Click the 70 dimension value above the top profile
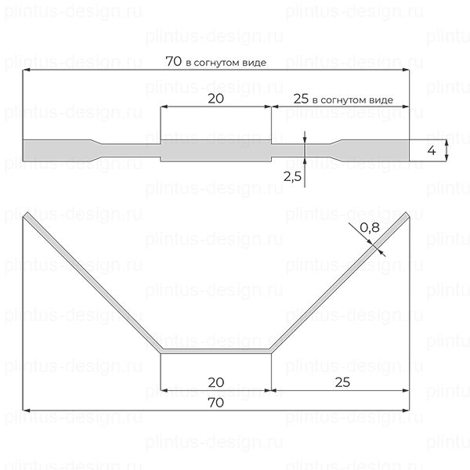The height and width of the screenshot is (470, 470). [174, 61]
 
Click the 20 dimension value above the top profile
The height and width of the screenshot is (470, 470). [216, 99]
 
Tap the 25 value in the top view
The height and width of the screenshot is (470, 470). [301, 99]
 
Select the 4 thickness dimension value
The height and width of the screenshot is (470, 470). [432, 150]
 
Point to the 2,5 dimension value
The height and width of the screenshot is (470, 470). [292, 176]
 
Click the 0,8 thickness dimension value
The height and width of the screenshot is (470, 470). [370, 227]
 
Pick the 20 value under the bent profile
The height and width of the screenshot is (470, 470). [216, 382]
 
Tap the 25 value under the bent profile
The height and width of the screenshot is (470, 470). [342, 382]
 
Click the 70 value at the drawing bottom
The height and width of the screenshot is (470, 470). [216, 403]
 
